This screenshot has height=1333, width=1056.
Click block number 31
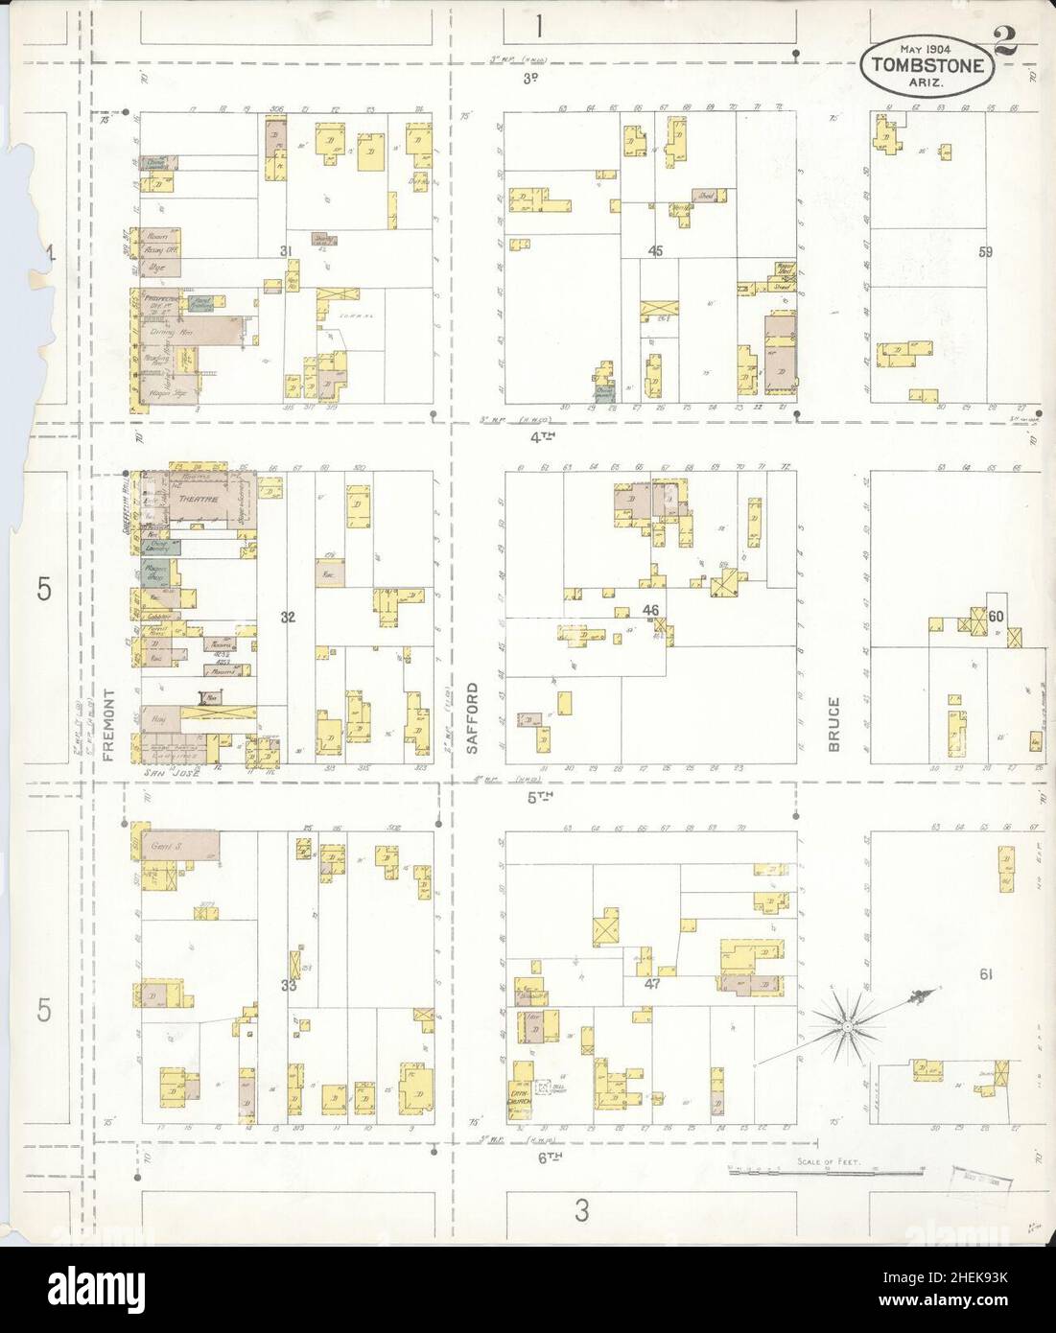coord(285,251)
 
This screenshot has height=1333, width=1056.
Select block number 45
coord(655,251)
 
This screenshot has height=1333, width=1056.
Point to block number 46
coord(651,610)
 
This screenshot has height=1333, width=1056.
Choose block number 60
coord(997,617)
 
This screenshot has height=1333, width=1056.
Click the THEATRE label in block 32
coord(205,499)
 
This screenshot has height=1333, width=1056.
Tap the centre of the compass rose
coord(848,1027)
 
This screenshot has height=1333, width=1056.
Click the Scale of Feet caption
coord(828,1161)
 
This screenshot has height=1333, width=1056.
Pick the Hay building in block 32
coord(154,713)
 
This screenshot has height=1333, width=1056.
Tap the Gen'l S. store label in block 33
coord(166,846)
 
